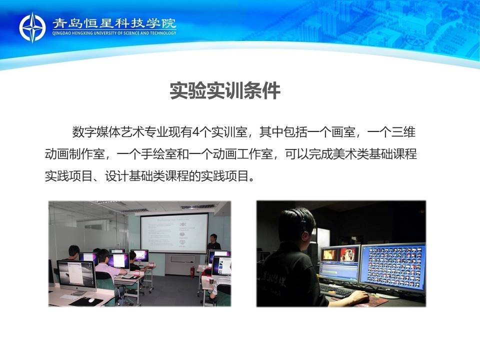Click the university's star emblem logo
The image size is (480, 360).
click(x=32, y=27)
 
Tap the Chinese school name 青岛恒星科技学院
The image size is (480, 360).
click(x=114, y=23)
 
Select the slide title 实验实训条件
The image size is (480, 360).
click(x=225, y=90)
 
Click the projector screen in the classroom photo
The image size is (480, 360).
click(x=174, y=233)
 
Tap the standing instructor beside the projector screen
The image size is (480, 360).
click(x=213, y=242)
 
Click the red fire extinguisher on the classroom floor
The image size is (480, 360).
click(x=192, y=272)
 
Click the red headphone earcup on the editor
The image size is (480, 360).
click(x=305, y=235)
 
